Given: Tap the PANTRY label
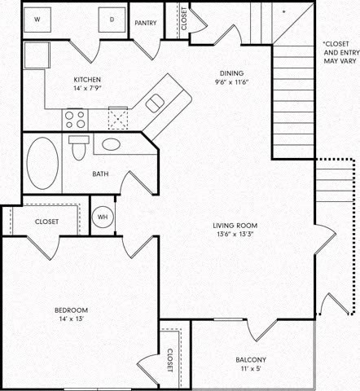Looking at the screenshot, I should coord(147,24).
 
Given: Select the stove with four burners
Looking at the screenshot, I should coord(75,120).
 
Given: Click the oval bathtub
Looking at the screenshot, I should coord(42,162).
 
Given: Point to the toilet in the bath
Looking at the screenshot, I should coord(79,150).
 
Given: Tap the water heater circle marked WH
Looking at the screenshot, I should coord(103,217).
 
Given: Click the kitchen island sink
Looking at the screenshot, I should coord(155,101).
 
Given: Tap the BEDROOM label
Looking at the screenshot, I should coord(71,310).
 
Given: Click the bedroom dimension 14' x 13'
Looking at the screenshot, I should coord(71,320).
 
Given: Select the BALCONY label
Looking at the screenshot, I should coord(250,360).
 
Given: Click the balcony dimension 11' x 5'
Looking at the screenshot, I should coord(250,370).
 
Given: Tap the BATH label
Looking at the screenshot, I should coord(100,174).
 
